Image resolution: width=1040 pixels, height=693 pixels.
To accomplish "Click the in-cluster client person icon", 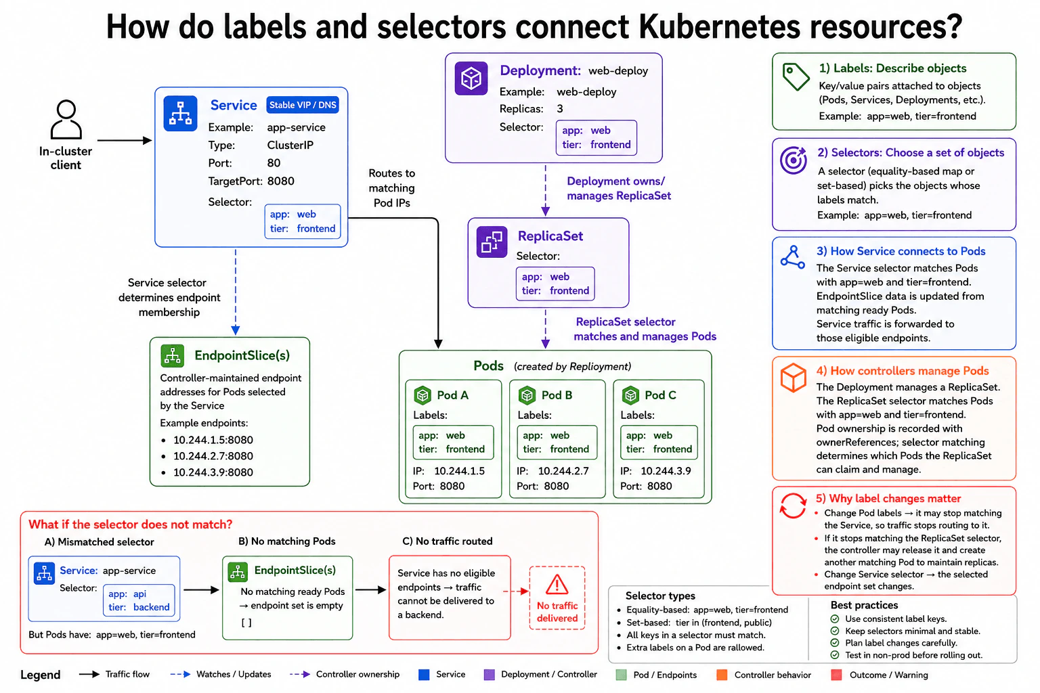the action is (x=66, y=119).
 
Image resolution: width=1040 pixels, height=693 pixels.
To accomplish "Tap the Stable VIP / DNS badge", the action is (x=303, y=105).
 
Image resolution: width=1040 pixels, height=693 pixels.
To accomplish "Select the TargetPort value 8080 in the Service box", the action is (x=280, y=181).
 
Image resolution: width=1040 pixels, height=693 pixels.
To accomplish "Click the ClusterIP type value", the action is (x=290, y=146).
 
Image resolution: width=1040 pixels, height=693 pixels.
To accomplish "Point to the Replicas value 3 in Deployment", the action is (x=560, y=108).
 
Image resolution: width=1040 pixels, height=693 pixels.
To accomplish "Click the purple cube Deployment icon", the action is (x=471, y=79).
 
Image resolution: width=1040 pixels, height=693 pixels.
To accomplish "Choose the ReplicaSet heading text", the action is (x=550, y=236).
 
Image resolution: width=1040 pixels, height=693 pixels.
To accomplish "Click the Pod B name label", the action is (x=557, y=395).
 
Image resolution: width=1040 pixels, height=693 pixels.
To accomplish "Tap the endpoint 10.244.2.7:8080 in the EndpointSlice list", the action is (x=213, y=456).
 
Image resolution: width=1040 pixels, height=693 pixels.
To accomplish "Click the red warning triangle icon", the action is (x=557, y=585).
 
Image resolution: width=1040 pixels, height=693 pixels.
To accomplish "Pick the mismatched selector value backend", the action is (x=152, y=606).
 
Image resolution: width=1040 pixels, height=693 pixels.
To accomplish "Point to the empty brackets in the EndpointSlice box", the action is (x=246, y=623).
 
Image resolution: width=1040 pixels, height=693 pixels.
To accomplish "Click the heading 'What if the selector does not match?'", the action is (x=130, y=524).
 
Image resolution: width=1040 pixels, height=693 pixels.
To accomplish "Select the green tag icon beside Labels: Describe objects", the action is (x=796, y=76).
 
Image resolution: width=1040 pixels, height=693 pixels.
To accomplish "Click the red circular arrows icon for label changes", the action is (x=793, y=506).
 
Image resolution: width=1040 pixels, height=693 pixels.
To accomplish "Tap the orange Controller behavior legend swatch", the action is (x=722, y=675).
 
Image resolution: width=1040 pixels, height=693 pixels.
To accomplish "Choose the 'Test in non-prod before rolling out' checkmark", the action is (x=834, y=655).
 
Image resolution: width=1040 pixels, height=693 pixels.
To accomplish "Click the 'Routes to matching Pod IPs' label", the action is (x=391, y=188).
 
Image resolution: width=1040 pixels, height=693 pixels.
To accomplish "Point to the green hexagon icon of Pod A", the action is (x=422, y=395).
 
